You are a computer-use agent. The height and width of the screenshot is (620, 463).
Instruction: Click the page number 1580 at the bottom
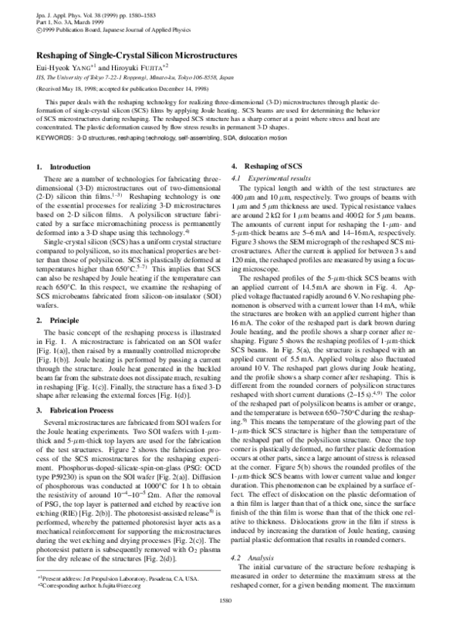click(x=231, y=601)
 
